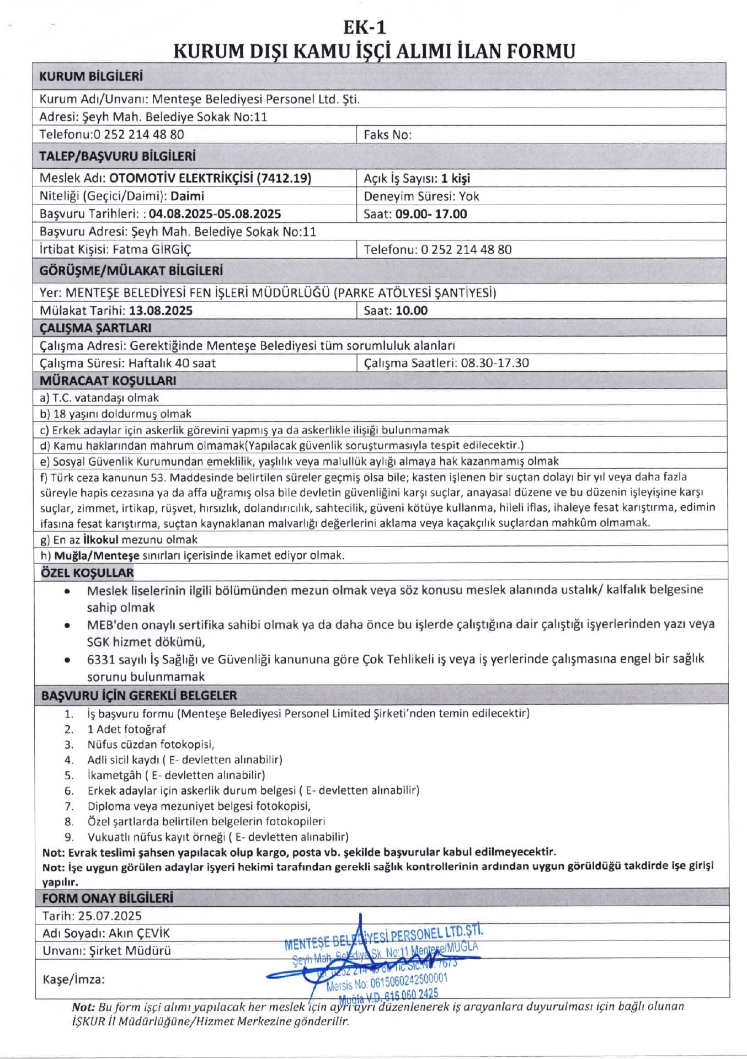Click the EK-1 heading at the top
point(364,27)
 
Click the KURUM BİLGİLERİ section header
point(91,77)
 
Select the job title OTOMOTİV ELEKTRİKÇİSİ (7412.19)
point(210,178)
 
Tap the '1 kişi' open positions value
point(455,178)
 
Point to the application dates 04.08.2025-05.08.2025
point(215,214)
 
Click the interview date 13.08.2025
point(161,311)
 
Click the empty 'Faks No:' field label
point(387,135)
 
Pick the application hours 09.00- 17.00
point(431,214)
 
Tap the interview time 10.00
point(411,311)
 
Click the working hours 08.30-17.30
point(495,363)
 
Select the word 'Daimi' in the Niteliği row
point(187,196)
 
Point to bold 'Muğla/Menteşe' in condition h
point(97,555)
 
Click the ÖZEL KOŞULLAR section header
point(87,573)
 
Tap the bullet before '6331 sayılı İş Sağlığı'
point(67,659)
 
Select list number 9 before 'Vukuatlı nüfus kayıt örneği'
point(69,837)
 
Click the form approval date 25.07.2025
point(109,916)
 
